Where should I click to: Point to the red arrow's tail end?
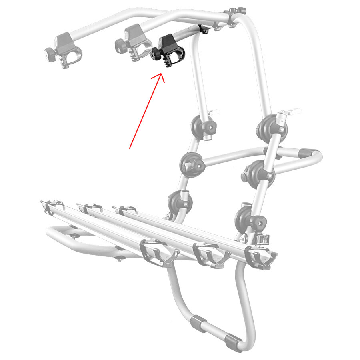click(130, 148)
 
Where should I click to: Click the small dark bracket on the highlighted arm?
click(204, 29)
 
